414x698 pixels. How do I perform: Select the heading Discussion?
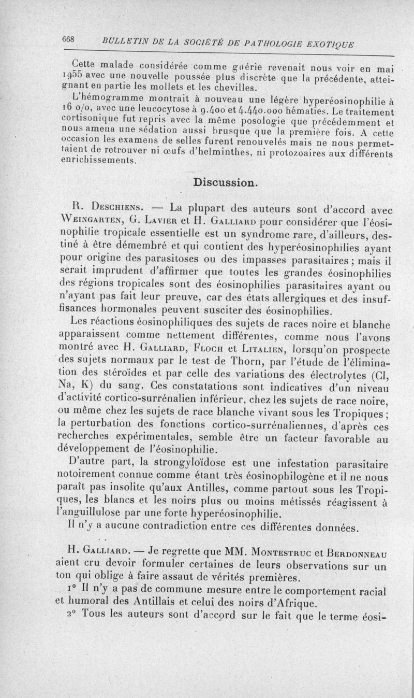[x=224, y=183]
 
